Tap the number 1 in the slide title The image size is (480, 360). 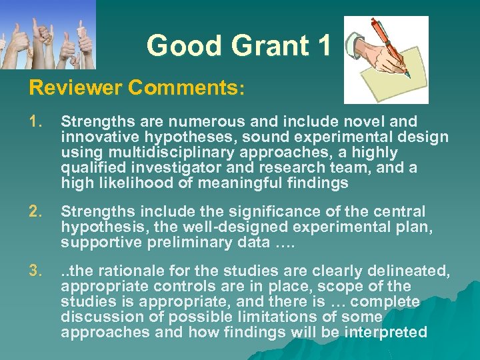point(324,46)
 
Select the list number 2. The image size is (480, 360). point(35,212)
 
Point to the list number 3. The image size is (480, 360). point(35,272)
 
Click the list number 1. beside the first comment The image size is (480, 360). point(35,121)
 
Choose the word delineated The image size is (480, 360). point(409,272)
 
